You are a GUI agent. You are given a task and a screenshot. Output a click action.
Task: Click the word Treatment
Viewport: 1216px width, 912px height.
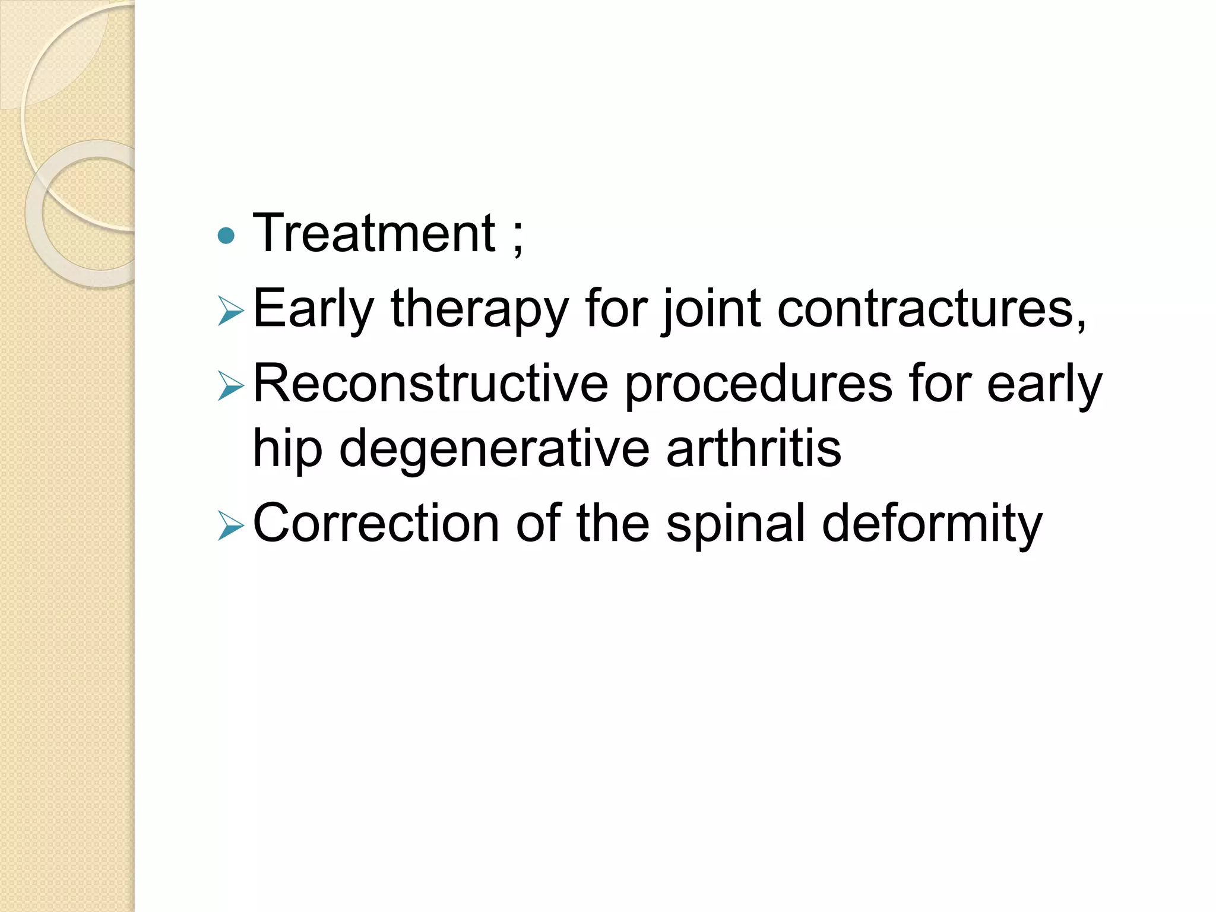[374, 234]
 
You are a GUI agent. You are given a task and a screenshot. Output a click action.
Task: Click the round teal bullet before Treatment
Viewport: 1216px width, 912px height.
[226, 237]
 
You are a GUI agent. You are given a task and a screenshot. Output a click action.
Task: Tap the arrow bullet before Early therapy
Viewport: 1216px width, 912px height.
[230, 312]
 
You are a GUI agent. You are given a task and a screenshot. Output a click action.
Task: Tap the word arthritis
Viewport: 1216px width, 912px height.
[753, 448]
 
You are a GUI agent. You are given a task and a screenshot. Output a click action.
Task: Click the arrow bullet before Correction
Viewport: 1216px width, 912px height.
[230, 526]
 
